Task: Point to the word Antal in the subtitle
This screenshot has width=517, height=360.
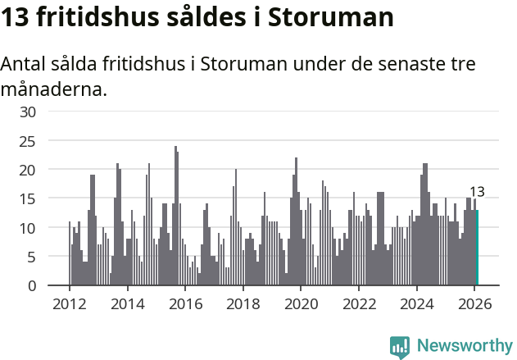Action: (x=25, y=64)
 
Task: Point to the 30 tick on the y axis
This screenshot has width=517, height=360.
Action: (x=28, y=112)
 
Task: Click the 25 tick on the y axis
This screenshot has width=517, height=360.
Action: (x=28, y=141)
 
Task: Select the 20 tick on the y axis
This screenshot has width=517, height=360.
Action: (x=28, y=170)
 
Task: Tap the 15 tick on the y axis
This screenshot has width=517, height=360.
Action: (x=28, y=198)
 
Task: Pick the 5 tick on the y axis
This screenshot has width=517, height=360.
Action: (x=32, y=257)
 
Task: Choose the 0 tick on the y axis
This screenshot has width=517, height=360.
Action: (x=32, y=285)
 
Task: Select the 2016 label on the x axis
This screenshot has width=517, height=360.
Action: (x=185, y=303)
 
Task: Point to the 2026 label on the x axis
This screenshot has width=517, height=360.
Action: (x=474, y=303)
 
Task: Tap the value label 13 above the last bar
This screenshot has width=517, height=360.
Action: (x=477, y=192)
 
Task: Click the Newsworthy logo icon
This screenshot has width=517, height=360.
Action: (x=400, y=347)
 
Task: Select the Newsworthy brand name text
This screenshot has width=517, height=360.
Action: (x=464, y=346)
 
